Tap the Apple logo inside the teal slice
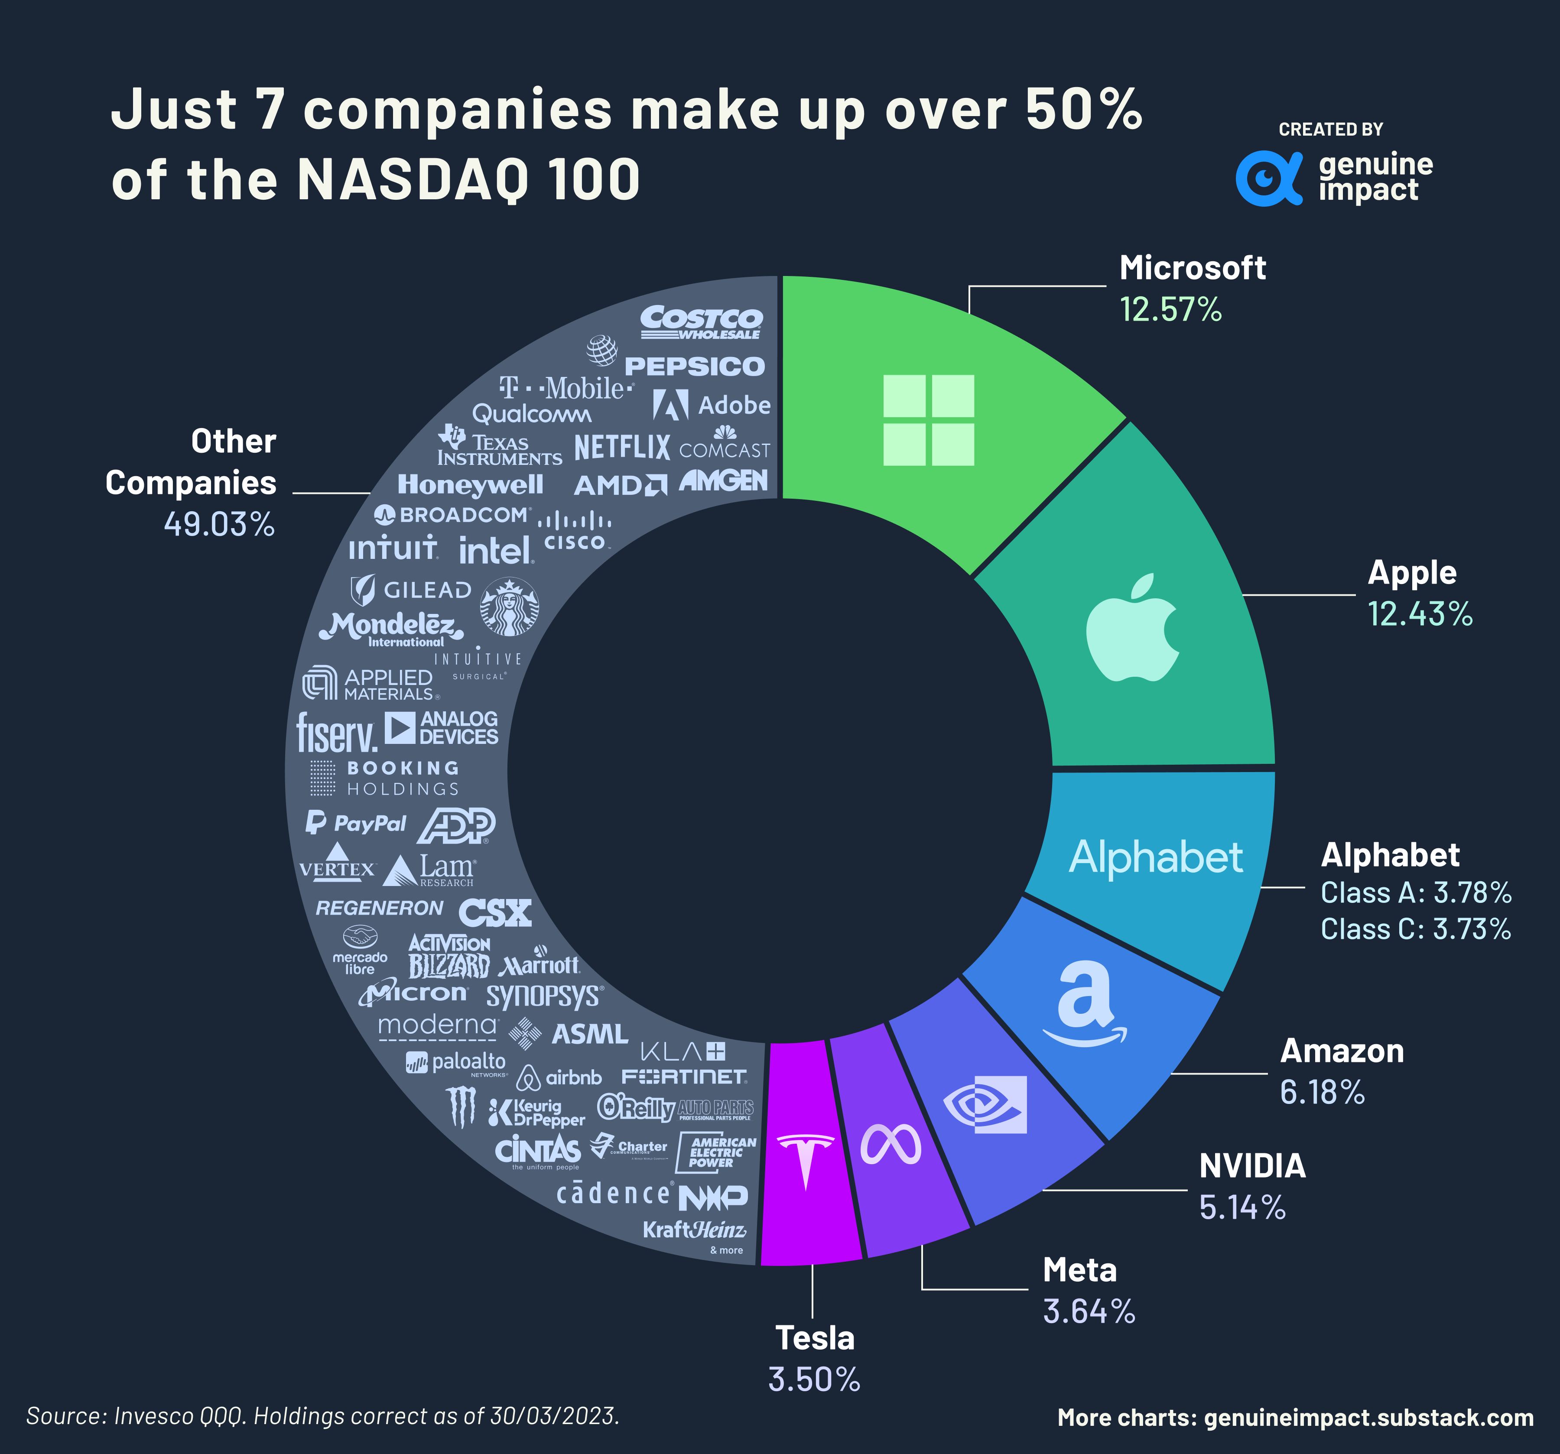(1132, 628)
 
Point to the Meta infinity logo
(890, 1145)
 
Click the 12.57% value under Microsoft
(1170, 309)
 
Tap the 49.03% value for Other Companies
(219, 524)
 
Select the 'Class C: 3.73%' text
(1415, 929)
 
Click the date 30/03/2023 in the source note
(554, 1415)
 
